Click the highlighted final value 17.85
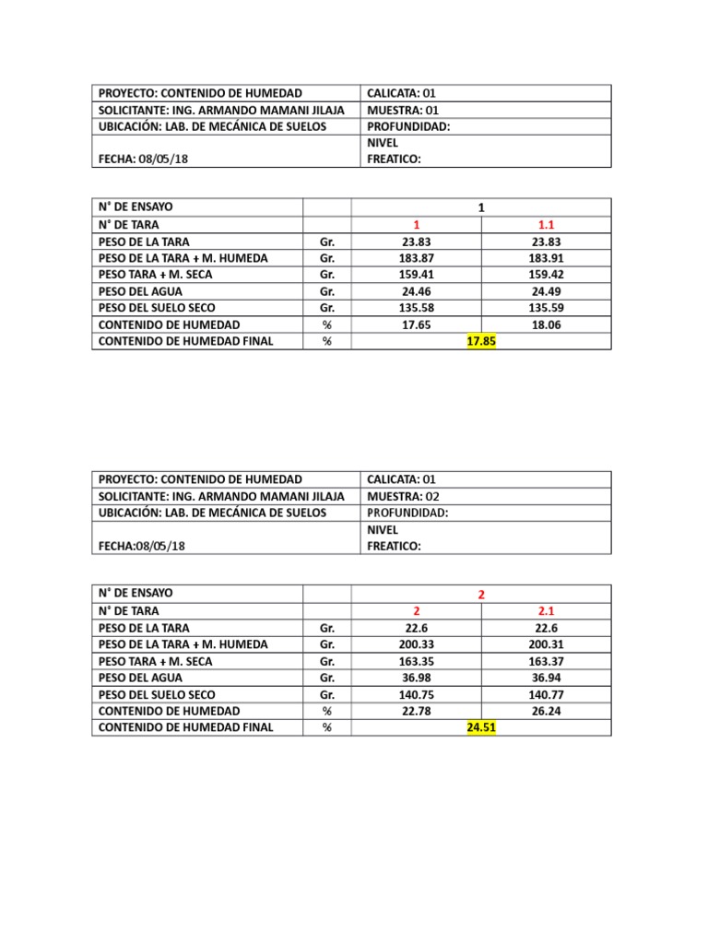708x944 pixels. [x=481, y=341]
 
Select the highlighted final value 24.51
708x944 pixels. [x=481, y=727]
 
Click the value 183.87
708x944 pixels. [x=416, y=258]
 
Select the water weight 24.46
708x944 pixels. [x=416, y=291]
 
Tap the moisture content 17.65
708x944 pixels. [x=416, y=324]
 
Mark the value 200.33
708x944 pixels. [x=416, y=644]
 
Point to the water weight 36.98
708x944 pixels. [x=416, y=678]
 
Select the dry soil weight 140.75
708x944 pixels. [x=416, y=694]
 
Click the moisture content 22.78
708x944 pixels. [x=416, y=711]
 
